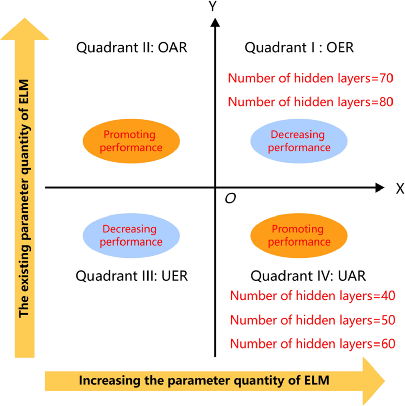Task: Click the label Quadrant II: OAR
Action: click(132, 48)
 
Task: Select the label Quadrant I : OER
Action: click(299, 48)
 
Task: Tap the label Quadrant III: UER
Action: click(132, 276)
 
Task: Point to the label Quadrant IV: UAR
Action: click(308, 276)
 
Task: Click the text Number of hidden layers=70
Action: click(310, 78)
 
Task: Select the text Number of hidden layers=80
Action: click(310, 102)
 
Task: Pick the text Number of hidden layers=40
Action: click(313, 296)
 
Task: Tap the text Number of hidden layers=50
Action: click(313, 320)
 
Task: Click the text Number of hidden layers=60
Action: click(313, 344)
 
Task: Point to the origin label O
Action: click(230, 199)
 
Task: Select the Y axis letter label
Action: click(213, 6)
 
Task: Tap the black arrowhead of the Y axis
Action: click(215, 22)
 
